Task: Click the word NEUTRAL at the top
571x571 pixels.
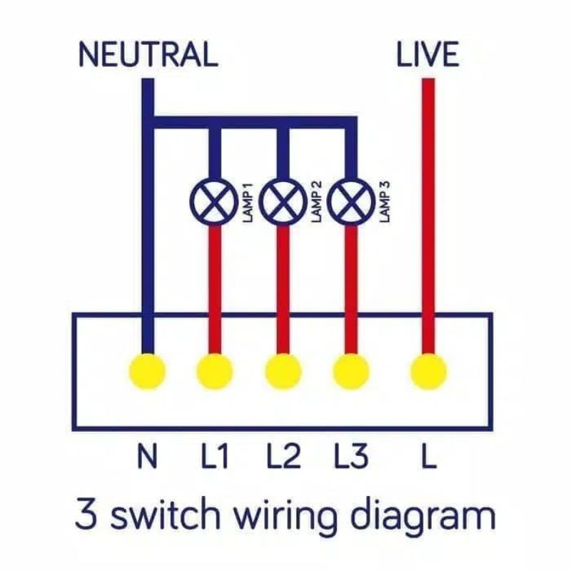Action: click(148, 55)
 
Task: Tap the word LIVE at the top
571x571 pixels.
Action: click(428, 55)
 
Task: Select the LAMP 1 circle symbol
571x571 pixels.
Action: click(211, 201)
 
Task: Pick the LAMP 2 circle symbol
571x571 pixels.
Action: click(283, 201)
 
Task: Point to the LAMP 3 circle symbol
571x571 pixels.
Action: click(351, 201)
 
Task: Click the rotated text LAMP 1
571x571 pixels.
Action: click(248, 203)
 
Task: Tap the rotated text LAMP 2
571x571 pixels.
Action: click(317, 201)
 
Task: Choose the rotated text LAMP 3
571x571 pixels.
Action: click(385, 201)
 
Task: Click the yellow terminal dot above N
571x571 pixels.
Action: click(148, 370)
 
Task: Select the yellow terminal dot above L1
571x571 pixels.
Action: click(215, 370)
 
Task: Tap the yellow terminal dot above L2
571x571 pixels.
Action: click(283, 370)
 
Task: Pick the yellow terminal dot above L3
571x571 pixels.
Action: click(351, 370)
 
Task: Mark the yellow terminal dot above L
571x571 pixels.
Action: click(429, 370)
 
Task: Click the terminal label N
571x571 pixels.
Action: click(148, 455)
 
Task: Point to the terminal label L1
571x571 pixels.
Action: click(215, 455)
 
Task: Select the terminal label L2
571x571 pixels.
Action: click(284, 455)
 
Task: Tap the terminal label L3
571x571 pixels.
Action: click(351, 455)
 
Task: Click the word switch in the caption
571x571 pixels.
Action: click(166, 513)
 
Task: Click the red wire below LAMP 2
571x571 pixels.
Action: click(283, 289)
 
